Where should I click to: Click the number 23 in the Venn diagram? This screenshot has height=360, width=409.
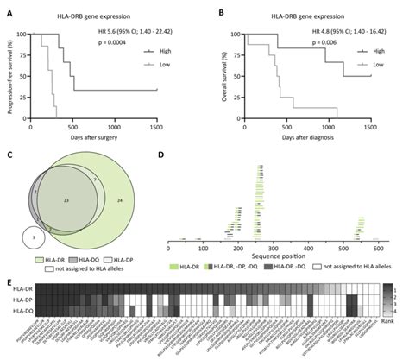click(66, 199)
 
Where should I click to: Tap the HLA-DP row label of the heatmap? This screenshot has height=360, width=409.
click(21, 299)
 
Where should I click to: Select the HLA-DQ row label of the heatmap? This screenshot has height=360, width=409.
click(21, 309)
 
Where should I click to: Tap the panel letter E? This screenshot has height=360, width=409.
click(9, 281)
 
